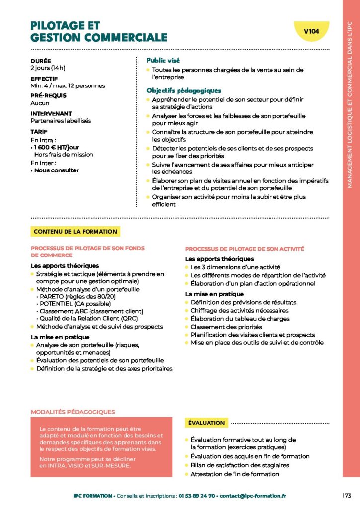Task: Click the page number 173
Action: (347, 495)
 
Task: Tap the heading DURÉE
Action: (40, 61)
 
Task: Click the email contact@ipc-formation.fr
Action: (253, 496)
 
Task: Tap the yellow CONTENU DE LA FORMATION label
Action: (76, 231)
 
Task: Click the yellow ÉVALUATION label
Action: (206, 423)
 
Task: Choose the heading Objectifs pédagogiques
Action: (183, 90)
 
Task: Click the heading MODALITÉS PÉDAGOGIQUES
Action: (73, 412)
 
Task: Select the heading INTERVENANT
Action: (51, 113)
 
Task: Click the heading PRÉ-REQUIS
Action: (48, 95)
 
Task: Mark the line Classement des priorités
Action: (226, 327)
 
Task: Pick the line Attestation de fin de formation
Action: (235, 474)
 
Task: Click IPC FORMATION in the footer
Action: (92, 496)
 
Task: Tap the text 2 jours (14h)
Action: (48, 68)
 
